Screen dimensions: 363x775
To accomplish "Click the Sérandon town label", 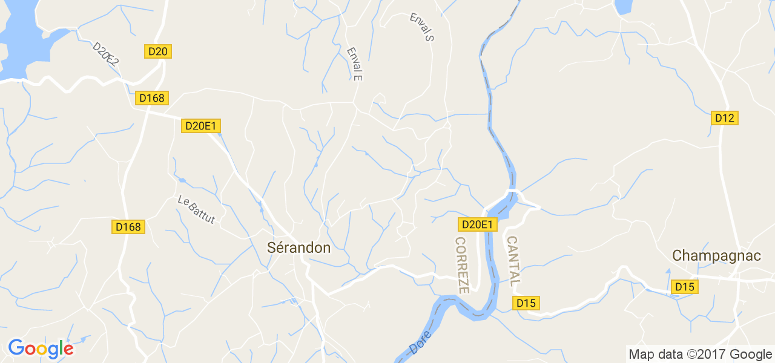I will coord(299,248).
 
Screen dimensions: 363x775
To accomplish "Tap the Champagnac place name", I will coord(716,256).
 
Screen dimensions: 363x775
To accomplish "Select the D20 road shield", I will coord(157,51).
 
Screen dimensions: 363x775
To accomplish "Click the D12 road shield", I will coord(724,118).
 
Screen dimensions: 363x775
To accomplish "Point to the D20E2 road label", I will coord(105,53).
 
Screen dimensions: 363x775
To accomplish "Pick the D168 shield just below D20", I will coord(151,98).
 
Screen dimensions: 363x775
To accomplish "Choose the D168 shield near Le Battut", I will coord(128,227).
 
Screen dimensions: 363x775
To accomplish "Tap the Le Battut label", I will coord(196,209).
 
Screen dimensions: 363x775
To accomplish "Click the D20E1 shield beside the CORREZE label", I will coord(478,224).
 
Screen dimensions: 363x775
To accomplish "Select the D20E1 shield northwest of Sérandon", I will coord(201,126).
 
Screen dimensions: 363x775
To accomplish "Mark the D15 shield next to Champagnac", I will coord(685,287).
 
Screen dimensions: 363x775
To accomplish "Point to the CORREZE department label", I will coord(462,265).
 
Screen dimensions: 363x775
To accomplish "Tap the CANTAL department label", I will coord(513,261).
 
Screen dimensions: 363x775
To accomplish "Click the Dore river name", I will coord(420,342).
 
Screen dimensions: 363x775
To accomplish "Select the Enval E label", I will coord(354,64).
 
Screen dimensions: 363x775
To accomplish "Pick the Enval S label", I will coord(422,27).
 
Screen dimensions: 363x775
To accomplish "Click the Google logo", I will coord(41,348).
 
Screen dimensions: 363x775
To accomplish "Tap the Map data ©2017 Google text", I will coord(700,354).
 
